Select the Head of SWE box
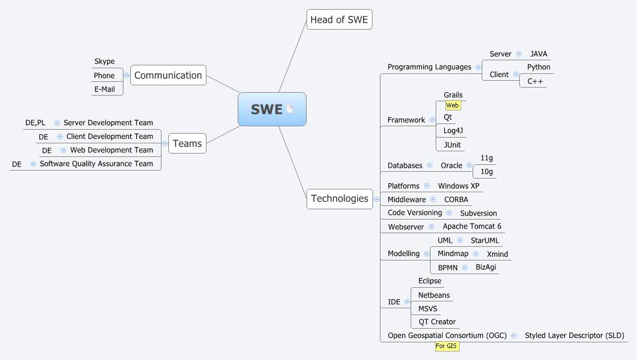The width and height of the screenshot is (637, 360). (x=339, y=20)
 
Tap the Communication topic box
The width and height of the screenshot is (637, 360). (x=168, y=75)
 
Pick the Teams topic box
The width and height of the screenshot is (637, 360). (x=187, y=143)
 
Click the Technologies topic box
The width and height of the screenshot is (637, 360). (x=340, y=198)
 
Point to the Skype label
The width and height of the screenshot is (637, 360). (x=105, y=61)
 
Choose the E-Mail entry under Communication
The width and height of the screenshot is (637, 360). (x=105, y=89)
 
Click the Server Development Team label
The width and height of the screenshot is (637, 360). (x=108, y=123)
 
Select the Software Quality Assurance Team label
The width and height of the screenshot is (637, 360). (x=96, y=164)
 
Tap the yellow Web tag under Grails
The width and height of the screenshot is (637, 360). (x=453, y=105)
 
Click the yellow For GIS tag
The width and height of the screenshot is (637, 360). (x=446, y=346)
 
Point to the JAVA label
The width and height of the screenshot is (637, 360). (x=539, y=54)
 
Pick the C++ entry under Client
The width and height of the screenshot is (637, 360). (x=535, y=81)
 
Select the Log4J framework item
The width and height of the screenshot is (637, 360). (x=453, y=130)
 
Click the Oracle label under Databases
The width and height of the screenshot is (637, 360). (x=452, y=165)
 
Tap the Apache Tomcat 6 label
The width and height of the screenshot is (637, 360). (x=472, y=226)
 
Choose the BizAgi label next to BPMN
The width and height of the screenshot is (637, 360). (x=486, y=267)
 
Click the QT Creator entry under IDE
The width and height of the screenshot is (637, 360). (x=437, y=322)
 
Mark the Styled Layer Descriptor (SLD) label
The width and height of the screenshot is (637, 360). (x=574, y=336)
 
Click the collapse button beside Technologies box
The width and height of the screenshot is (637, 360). (x=377, y=199)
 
